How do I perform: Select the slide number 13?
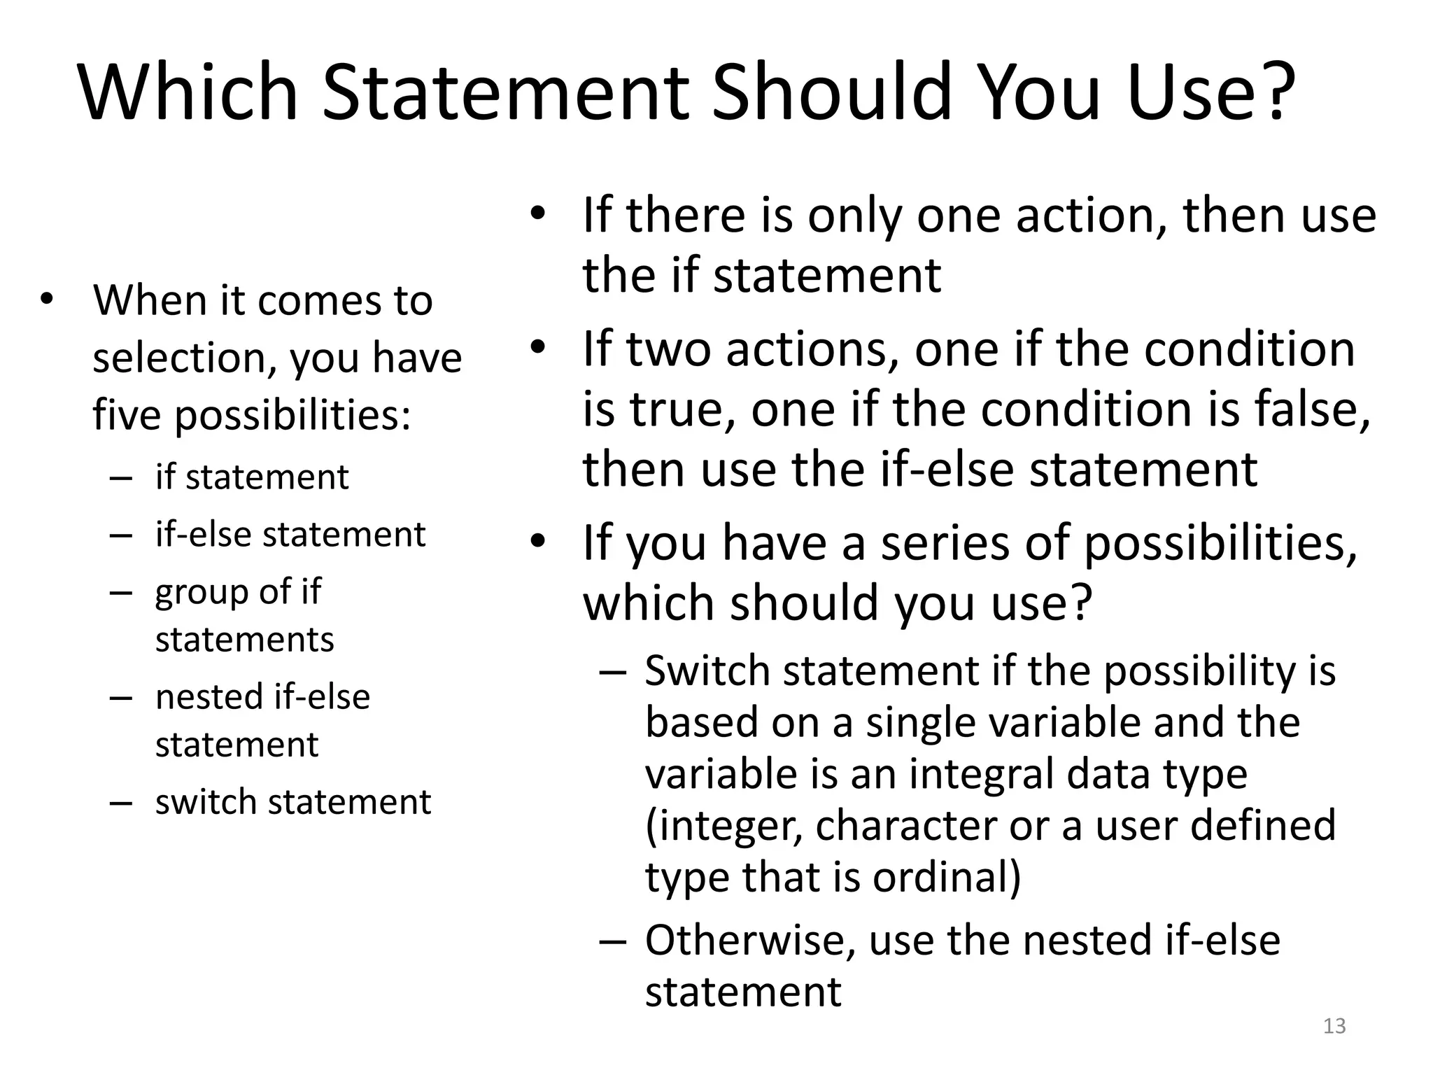1334,1026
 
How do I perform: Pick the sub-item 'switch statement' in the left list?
292,801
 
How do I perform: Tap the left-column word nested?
209,697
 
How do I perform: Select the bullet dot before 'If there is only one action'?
537,213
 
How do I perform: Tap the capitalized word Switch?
707,670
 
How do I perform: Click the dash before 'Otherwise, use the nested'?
612,941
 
